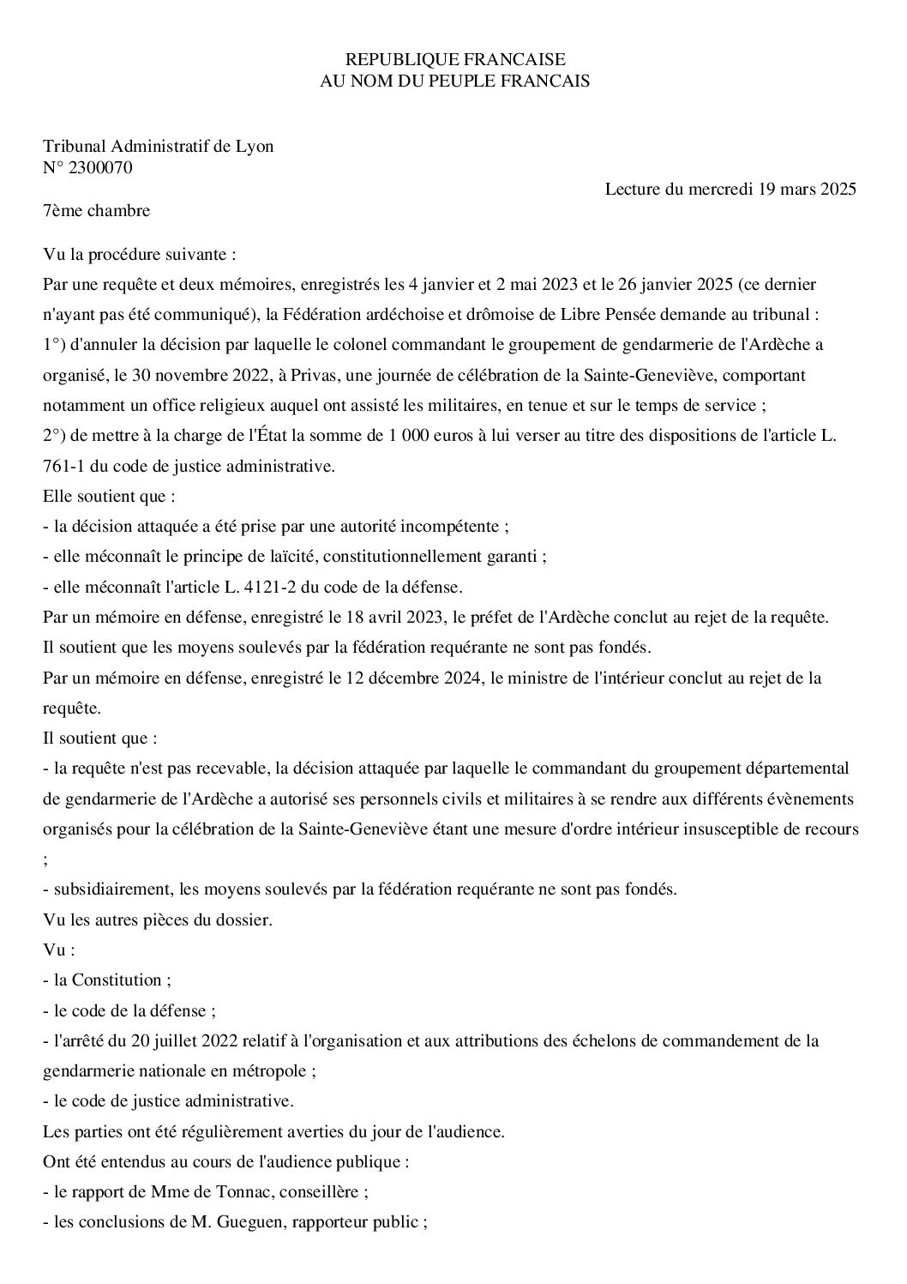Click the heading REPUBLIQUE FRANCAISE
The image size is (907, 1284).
point(454,59)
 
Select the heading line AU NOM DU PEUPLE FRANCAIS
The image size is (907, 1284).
point(454,81)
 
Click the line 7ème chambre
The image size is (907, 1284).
point(96,211)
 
